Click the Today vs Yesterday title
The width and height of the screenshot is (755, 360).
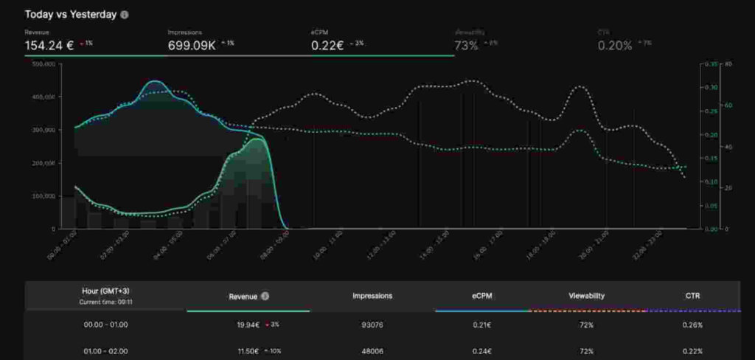coord(71,14)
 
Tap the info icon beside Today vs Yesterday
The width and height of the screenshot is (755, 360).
coord(125,14)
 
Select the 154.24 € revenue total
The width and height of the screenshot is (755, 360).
coord(49,45)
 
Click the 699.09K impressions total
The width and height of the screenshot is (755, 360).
coord(191,45)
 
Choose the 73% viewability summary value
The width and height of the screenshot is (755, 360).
coord(466,46)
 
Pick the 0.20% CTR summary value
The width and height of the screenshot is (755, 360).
coord(615,46)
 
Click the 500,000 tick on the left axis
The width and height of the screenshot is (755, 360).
coord(44,64)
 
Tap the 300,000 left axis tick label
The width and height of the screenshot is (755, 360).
coord(44,130)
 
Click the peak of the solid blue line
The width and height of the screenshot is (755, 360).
coord(154,81)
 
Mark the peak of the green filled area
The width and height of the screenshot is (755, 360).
coord(256,139)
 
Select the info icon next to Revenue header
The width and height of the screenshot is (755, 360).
coord(265,296)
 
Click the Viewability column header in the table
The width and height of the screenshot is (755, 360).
coord(586,296)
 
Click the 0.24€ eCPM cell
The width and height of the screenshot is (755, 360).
coord(482,351)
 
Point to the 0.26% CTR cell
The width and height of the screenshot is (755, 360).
coord(692,325)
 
